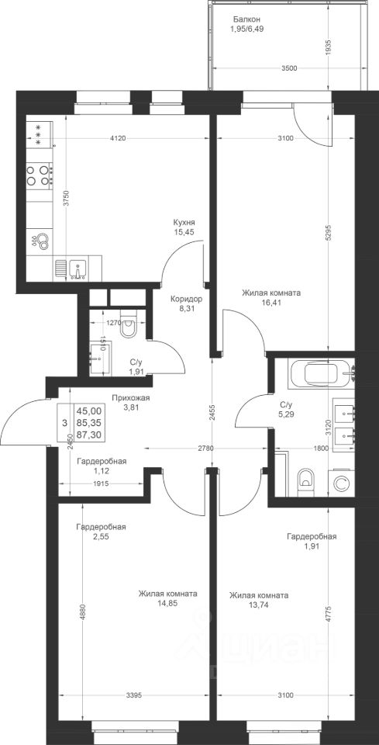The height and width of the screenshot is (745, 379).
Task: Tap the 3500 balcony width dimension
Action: (x=289, y=68)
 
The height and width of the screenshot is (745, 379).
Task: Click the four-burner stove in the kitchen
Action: (x=39, y=175)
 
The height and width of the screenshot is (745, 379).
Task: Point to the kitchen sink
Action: (x=77, y=269)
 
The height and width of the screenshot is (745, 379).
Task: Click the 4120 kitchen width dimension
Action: (x=117, y=138)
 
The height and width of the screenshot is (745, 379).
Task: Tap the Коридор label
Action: (x=187, y=300)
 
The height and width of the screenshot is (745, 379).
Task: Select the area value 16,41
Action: (x=270, y=302)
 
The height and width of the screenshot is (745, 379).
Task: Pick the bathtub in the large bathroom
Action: (x=320, y=373)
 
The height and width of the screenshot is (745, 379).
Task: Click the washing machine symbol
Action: (x=341, y=483)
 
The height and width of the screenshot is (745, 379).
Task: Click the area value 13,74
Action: (x=258, y=605)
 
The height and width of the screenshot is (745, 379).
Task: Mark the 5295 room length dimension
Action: (x=329, y=234)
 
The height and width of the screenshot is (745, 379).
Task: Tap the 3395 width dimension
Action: (x=133, y=695)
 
